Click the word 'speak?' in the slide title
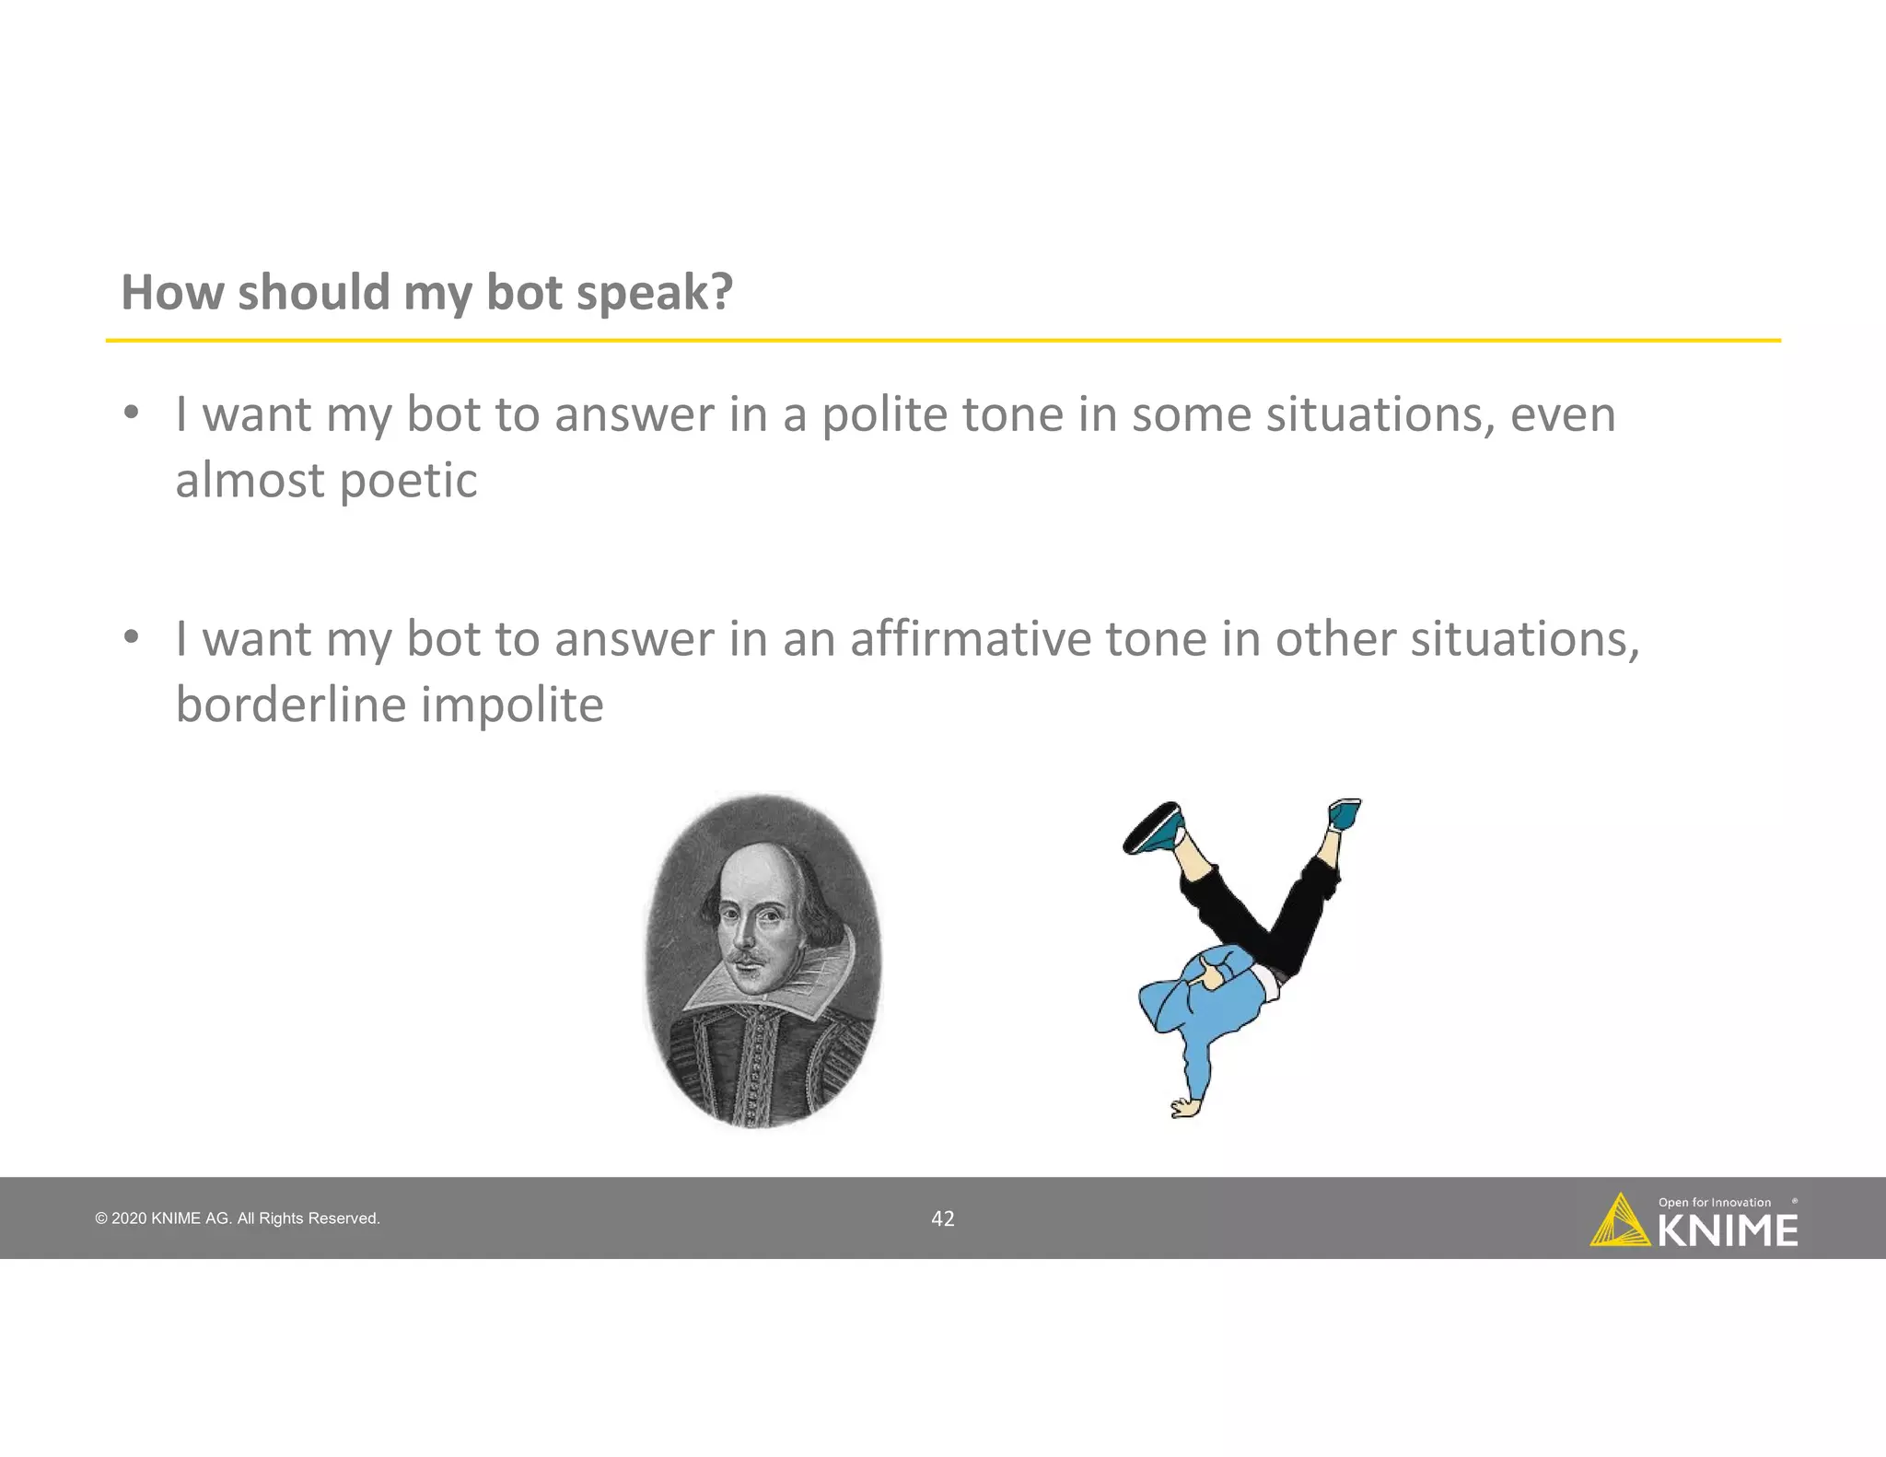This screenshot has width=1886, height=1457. [654, 294]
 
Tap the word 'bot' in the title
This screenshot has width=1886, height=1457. [522, 292]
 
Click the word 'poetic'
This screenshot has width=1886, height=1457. [408, 482]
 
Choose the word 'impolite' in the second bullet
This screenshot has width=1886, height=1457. [512, 706]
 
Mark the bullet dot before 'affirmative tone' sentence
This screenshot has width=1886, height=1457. [132, 636]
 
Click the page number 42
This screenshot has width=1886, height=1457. [943, 1218]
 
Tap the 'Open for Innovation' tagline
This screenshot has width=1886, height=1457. [1714, 1202]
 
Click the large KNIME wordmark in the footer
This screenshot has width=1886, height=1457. [1728, 1231]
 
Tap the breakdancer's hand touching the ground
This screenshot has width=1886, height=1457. [1184, 1108]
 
